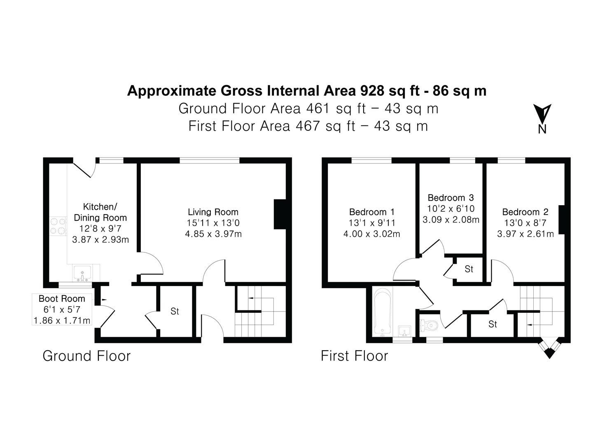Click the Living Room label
(x=213, y=212)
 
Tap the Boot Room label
(x=62, y=298)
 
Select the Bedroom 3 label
(x=451, y=198)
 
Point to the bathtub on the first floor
(x=382, y=312)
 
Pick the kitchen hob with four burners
(x=58, y=226)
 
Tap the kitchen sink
(x=82, y=273)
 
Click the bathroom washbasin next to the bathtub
(x=404, y=331)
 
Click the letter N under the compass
(x=542, y=129)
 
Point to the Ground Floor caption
(x=87, y=356)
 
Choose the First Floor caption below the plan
(x=354, y=356)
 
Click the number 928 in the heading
(x=372, y=91)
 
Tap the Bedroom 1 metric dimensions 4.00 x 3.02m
(x=371, y=234)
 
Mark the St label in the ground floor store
(x=175, y=311)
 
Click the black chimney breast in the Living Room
(x=280, y=214)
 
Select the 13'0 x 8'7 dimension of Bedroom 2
(x=525, y=223)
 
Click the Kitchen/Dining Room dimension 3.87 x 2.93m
(x=100, y=239)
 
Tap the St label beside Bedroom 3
(x=469, y=269)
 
